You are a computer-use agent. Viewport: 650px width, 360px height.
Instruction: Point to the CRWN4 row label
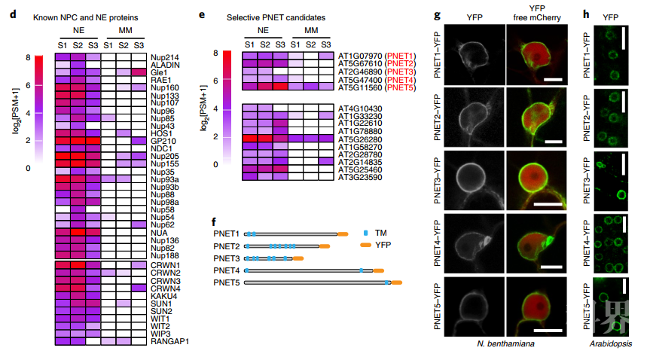pos(163,288)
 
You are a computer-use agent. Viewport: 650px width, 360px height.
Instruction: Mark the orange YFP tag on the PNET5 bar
pos(395,282)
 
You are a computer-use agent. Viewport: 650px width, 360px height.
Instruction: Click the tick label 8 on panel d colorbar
pos(27,57)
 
